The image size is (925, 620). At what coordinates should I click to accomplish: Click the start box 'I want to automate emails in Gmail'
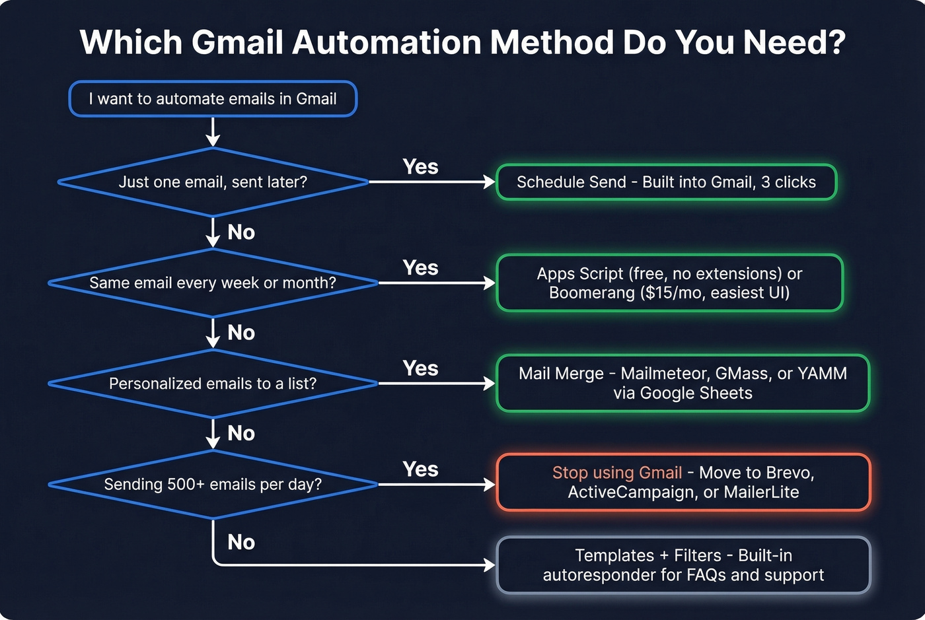click(x=213, y=99)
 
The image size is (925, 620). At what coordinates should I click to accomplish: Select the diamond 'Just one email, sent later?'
click(x=213, y=182)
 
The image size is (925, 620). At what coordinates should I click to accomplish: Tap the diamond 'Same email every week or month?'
click(x=213, y=283)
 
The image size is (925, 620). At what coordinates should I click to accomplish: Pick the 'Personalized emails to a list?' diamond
click(x=213, y=384)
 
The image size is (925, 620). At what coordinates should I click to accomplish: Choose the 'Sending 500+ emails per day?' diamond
click(x=213, y=484)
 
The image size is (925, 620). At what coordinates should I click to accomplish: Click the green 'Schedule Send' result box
click(x=666, y=182)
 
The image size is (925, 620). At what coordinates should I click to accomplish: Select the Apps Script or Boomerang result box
click(x=669, y=283)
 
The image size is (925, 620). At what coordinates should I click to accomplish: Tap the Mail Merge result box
click(x=683, y=384)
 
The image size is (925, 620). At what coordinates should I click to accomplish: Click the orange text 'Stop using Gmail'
click(x=617, y=473)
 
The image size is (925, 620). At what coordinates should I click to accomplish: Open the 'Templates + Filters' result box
click(x=683, y=565)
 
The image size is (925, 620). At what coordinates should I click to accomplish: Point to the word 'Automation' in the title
click(x=386, y=42)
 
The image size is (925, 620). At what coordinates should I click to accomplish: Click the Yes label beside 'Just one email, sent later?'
click(x=420, y=167)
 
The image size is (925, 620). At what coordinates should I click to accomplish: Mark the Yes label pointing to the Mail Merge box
click(x=420, y=368)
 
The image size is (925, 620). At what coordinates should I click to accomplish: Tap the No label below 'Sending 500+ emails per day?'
click(x=241, y=542)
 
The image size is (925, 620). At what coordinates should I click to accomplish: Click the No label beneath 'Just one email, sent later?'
click(x=241, y=232)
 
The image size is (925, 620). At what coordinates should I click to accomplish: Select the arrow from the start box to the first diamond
click(x=213, y=131)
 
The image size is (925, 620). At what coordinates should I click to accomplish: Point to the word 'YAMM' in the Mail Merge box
click(x=822, y=374)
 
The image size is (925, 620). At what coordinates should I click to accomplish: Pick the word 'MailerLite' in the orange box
click(x=761, y=493)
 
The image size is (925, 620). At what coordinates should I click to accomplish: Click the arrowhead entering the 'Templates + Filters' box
click(x=490, y=565)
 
